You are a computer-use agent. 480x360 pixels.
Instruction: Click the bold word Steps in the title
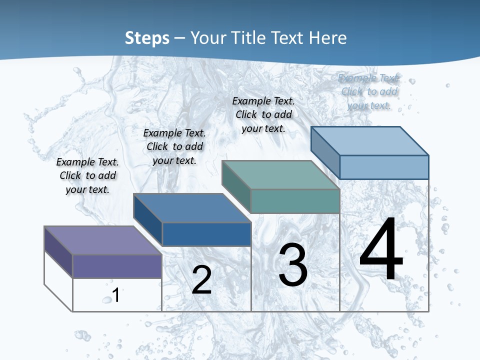click(146, 38)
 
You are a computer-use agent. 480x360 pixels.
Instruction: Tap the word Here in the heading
click(327, 38)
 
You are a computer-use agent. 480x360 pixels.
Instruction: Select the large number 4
click(381, 249)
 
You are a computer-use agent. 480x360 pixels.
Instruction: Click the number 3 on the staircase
click(293, 265)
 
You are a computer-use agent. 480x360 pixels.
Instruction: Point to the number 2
click(201, 280)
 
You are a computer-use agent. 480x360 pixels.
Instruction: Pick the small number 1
click(116, 295)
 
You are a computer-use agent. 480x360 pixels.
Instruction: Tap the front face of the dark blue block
click(206, 234)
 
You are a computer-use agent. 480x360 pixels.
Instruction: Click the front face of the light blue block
click(383, 167)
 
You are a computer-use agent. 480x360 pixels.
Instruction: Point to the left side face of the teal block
click(236, 186)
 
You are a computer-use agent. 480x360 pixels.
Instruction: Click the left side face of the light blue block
click(325, 152)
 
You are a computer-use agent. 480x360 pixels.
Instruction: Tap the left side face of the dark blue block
click(147, 219)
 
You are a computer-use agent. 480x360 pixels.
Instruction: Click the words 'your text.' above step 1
click(87, 189)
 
